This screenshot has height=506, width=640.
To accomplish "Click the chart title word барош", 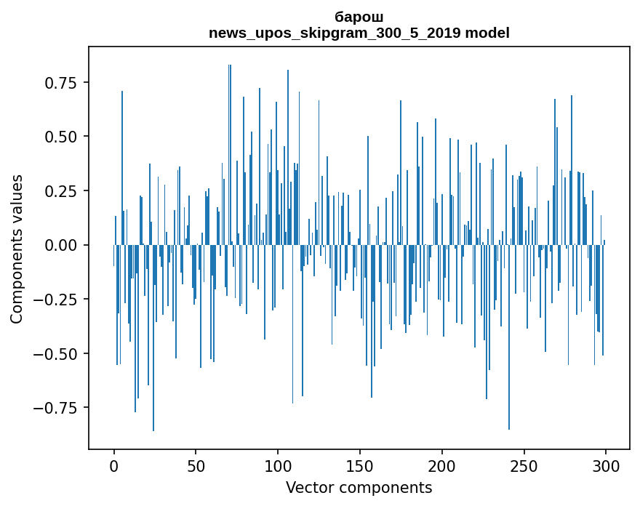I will point(359,17).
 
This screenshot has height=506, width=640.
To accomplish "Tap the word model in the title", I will point(487,33).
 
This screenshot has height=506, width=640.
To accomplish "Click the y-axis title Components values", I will point(17,249).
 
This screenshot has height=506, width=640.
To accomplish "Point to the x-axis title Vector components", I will point(359,488).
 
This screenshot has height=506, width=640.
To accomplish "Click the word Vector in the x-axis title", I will point(309,488).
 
